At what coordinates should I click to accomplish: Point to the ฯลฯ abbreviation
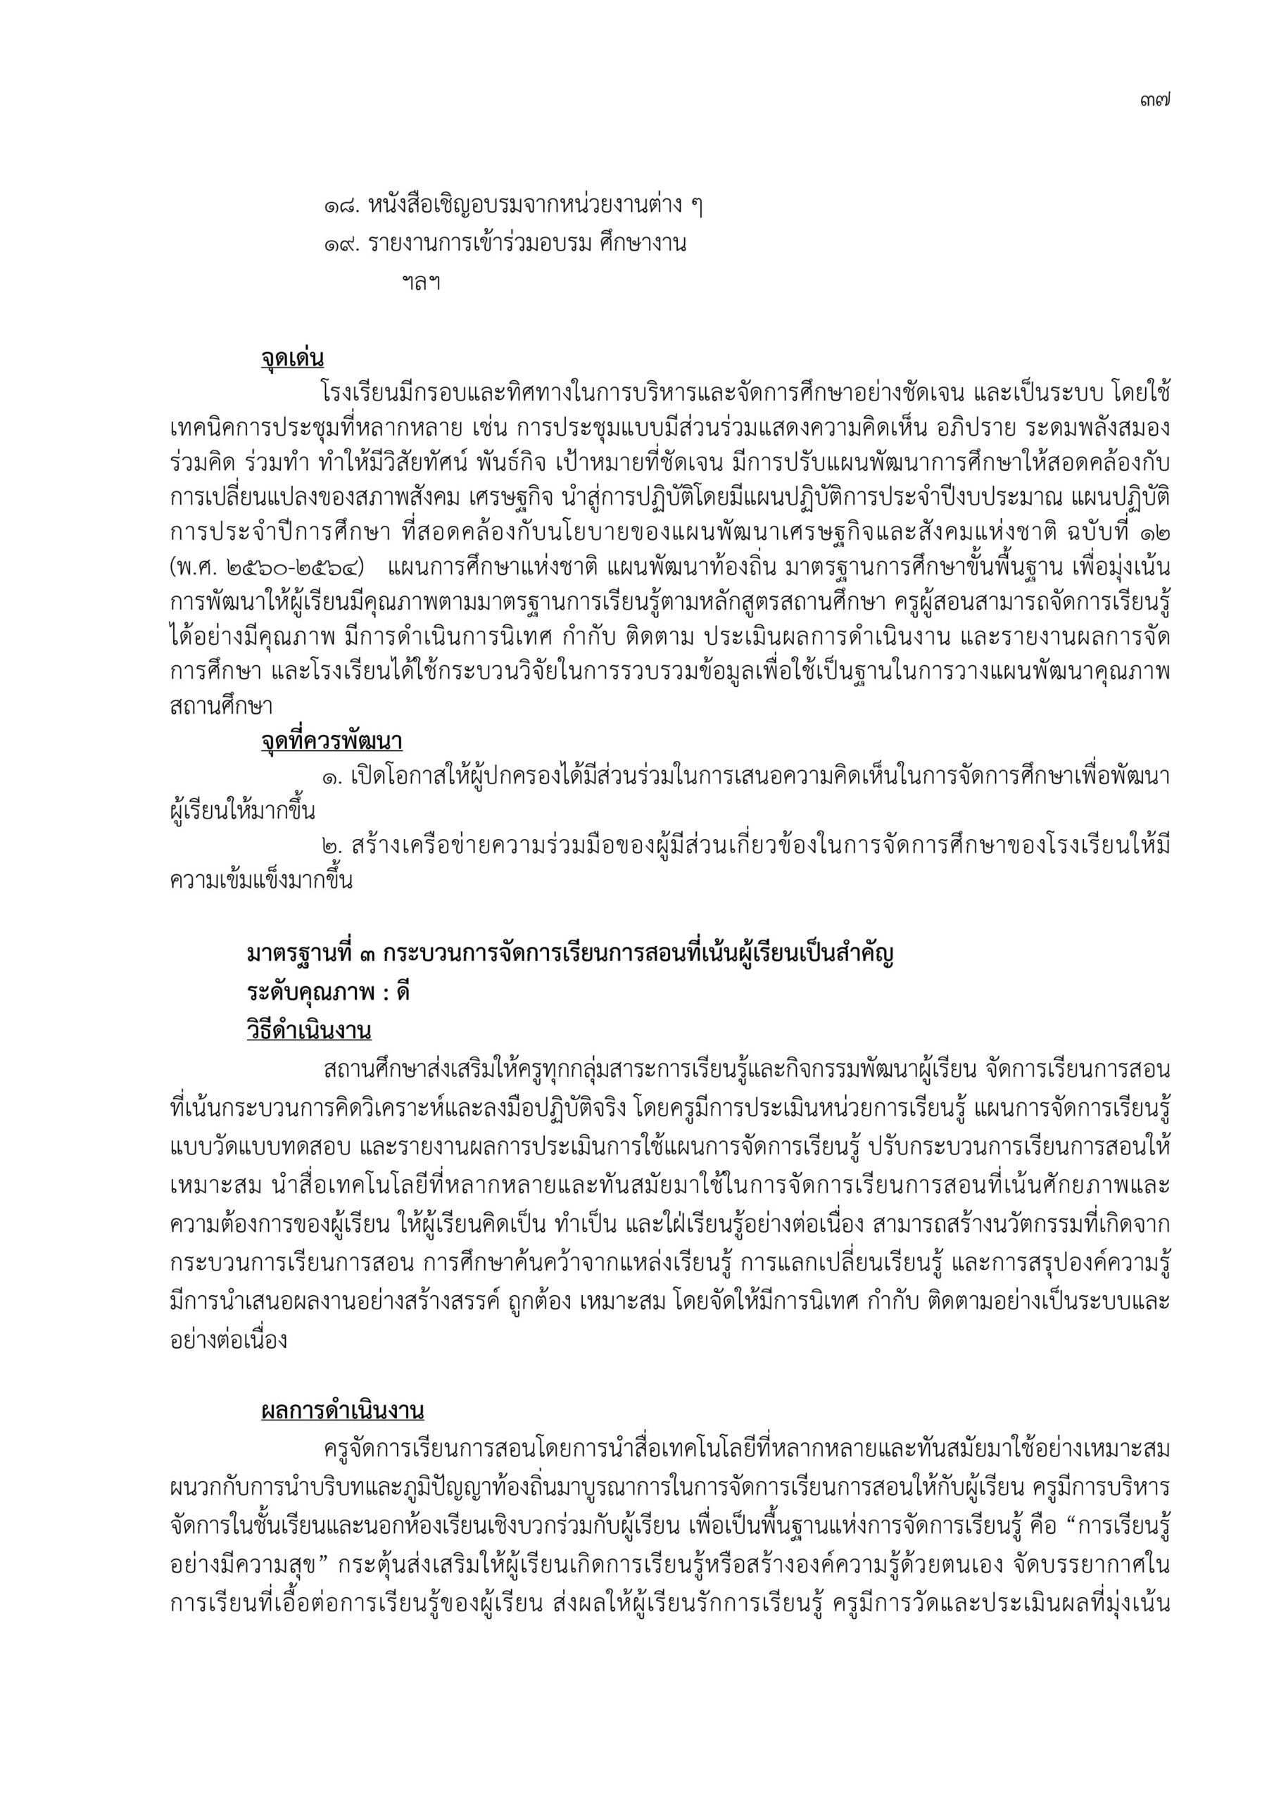point(421,282)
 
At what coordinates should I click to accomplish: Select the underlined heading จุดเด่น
point(292,359)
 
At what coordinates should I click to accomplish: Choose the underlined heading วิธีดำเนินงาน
point(309,1031)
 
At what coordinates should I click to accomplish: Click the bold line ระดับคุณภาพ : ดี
point(328,993)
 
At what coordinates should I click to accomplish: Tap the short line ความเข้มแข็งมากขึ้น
point(261,880)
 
